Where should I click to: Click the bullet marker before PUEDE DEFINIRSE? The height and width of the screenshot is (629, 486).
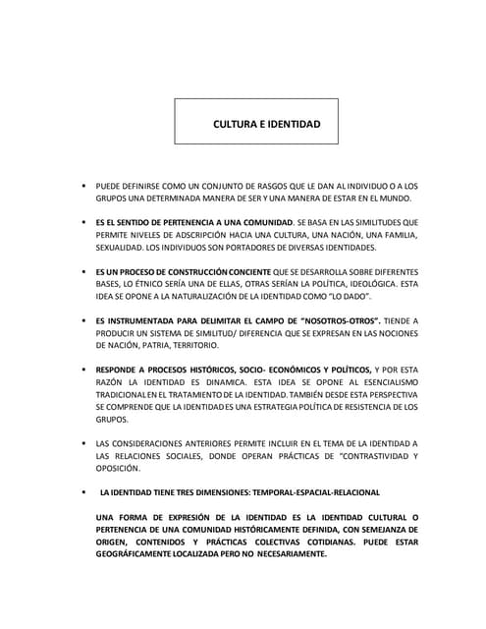(x=84, y=185)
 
